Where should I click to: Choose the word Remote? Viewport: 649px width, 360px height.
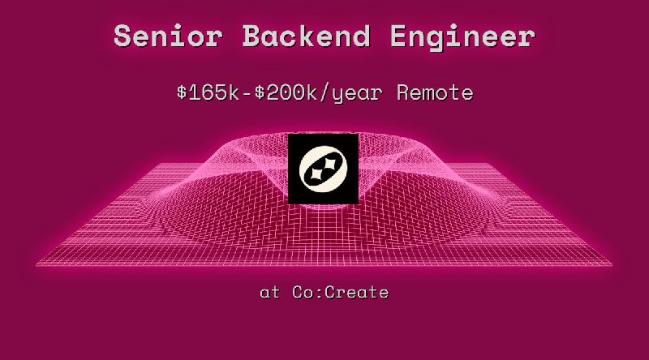[x=435, y=92]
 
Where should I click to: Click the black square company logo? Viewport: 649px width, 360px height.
[x=324, y=169]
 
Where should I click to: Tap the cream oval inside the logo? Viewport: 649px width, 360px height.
[x=324, y=169]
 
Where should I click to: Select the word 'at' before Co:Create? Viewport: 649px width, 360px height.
[x=270, y=292]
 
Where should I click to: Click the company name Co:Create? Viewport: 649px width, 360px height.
[x=341, y=292]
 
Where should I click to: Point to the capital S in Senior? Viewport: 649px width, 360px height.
[x=123, y=36]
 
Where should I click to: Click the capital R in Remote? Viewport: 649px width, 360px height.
[x=404, y=92]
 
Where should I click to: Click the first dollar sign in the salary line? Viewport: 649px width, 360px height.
[x=182, y=92]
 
